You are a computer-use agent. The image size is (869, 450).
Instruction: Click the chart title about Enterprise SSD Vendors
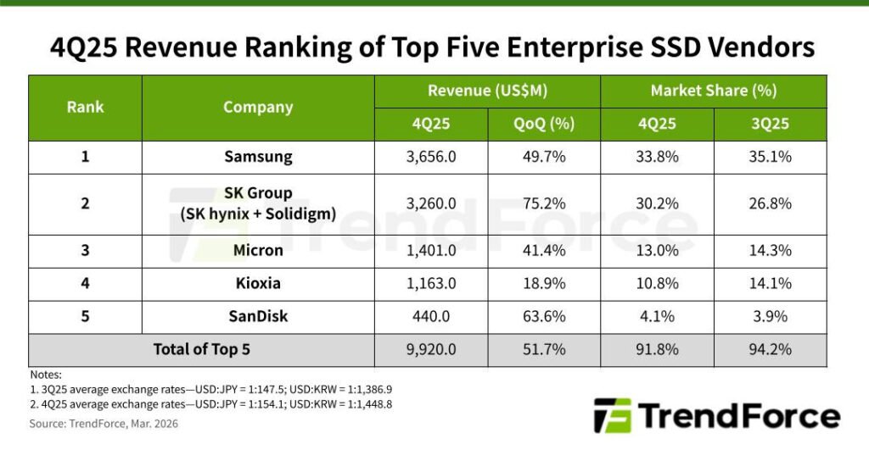pos(434,47)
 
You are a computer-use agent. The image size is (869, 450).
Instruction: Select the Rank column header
pos(85,108)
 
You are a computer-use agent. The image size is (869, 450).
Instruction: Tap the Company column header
pos(258,108)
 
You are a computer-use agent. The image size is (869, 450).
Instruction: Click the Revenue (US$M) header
pos(487,91)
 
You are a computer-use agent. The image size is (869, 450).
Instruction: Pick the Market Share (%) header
pos(713,91)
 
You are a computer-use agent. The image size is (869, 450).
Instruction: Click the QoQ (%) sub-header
pos(544,124)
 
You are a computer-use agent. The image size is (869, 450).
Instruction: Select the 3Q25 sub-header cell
pos(770,124)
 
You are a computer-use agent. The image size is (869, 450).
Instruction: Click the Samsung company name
pos(258,157)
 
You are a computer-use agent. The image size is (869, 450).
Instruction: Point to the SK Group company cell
pos(258,203)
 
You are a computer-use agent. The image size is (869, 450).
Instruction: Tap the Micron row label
pos(258,250)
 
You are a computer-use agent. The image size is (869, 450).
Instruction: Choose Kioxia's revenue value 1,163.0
pos(431,283)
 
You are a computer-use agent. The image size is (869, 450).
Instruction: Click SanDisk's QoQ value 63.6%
pos(544,316)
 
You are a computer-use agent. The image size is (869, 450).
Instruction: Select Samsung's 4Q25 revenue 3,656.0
pos(431,157)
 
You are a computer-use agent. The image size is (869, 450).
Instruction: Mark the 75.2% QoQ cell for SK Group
pos(544,203)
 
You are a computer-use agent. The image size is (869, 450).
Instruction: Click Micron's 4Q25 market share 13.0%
pos(657,250)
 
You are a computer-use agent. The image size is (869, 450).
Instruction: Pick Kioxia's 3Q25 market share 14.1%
pos(770,283)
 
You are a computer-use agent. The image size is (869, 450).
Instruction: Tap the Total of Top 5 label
pos(201,349)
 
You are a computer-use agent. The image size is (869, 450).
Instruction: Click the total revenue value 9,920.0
pos(431,349)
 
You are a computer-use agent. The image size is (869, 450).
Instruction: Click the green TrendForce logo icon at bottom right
pos(613,416)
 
